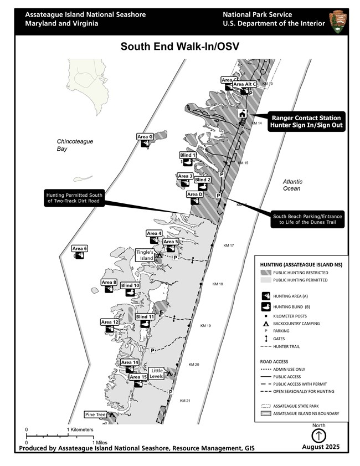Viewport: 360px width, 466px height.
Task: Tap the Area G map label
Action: click(x=145, y=136)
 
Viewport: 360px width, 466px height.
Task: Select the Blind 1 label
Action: click(x=187, y=155)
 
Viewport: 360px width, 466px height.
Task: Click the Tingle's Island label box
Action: click(x=145, y=255)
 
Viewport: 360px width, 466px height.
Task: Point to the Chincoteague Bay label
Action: click(x=75, y=145)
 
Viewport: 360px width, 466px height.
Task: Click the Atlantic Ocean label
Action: click(x=291, y=185)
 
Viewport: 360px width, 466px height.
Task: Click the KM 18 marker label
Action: click(x=218, y=284)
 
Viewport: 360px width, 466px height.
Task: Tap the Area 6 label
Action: click(x=80, y=249)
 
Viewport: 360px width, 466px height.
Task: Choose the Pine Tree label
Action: click(x=95, y=414)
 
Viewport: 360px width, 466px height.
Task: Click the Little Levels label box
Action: click(x=157, y=373)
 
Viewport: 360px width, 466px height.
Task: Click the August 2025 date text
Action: click(x=321, y=447)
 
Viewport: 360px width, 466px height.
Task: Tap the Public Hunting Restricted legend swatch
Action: click(x=265, y=273)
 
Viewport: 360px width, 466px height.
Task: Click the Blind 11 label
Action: click(x=145, y=317)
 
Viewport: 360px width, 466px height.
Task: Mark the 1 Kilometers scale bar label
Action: click(x=81, y=429)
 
